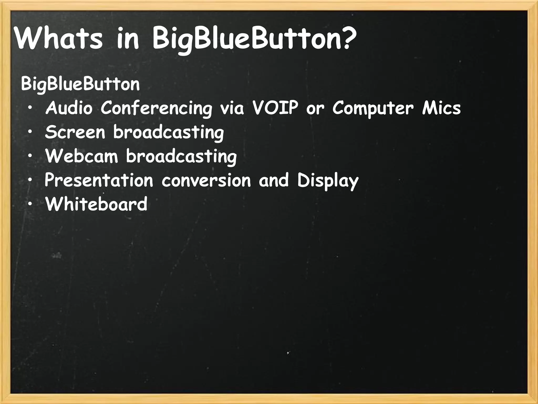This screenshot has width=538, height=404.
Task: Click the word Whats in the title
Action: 58,39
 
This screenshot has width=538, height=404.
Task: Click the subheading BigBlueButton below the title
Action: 80,84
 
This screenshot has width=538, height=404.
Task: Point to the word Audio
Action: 69,108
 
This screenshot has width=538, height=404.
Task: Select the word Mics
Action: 441,108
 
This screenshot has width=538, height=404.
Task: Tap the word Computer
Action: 373,109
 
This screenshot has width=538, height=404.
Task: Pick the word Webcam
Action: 82,156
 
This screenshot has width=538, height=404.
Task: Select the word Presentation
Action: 99,180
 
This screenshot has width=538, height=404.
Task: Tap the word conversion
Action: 206,180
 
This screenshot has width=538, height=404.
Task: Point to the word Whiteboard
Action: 96,204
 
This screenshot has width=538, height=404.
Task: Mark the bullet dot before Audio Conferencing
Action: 30,108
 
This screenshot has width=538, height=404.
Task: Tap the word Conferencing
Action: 156,109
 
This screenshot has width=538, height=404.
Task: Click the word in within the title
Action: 127,39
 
